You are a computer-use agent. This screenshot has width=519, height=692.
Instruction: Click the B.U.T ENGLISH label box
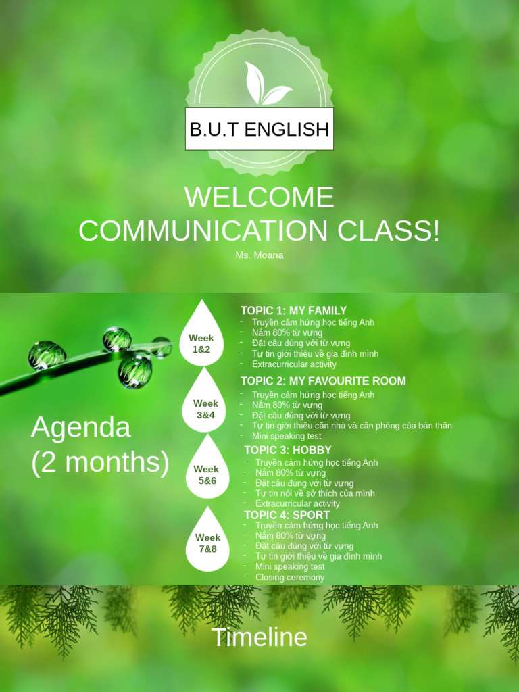(x=259, y=129)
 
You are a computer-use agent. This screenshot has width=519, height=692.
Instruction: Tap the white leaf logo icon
(x=266, y=84)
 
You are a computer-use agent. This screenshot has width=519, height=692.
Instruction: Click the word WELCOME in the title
(x=259, y=197)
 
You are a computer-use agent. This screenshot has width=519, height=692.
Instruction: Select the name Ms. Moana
(x=259, y=255)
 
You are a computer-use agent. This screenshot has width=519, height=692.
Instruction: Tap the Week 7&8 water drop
(x=207, y=541)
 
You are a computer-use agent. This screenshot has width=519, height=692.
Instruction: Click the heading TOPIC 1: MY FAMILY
(x=293, y=311)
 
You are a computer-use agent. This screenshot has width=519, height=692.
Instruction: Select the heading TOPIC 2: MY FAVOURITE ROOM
(x=323, y=381)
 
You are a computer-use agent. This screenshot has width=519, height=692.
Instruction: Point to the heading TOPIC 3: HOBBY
(x=288, y=450)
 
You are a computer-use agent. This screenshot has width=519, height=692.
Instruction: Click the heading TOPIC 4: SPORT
(x=287, y=515)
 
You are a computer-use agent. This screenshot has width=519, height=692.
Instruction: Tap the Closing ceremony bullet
(x=289, y=578)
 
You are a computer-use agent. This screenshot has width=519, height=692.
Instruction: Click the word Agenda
(x=81, y=427)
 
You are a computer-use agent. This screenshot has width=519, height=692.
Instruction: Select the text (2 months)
(x=100, y=462)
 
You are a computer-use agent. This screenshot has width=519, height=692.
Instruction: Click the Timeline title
(x=259, y=637)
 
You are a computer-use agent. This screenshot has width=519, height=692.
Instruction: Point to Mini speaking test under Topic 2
(x=287, y=436)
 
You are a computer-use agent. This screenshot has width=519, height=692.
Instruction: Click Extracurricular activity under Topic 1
(x=294, y=364)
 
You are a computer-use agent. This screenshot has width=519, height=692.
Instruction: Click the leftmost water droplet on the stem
(x=47, y=355)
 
